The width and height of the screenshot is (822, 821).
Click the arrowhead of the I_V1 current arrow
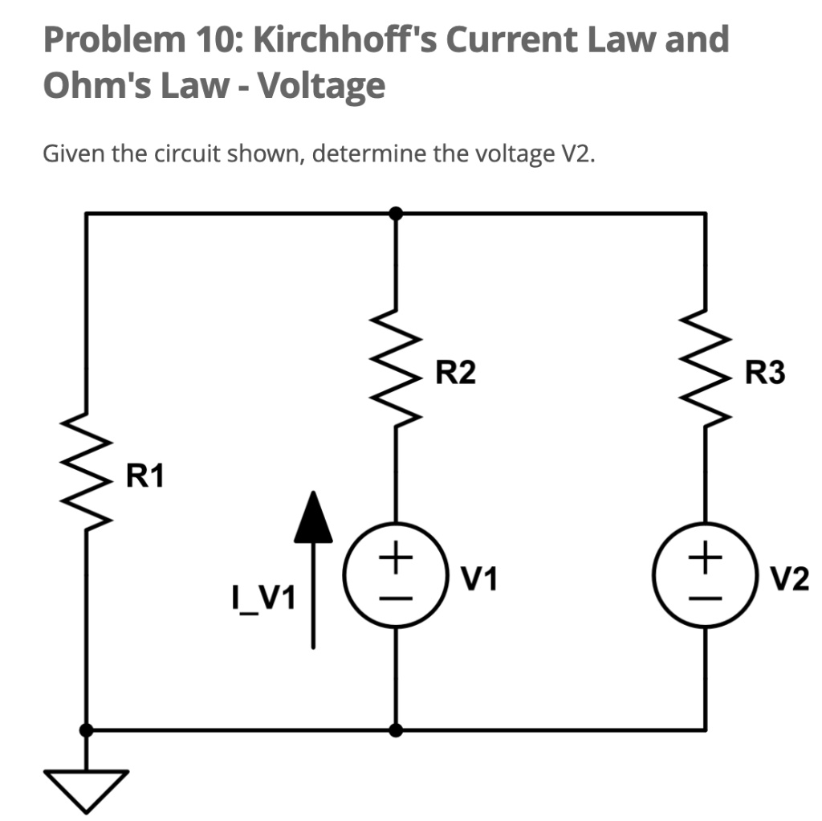tap(313, 516)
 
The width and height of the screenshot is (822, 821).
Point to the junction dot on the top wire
tap(396, 214)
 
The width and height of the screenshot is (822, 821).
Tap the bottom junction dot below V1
tap(396, 730)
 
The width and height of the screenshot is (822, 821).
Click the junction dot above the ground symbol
tap(86, 730)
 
